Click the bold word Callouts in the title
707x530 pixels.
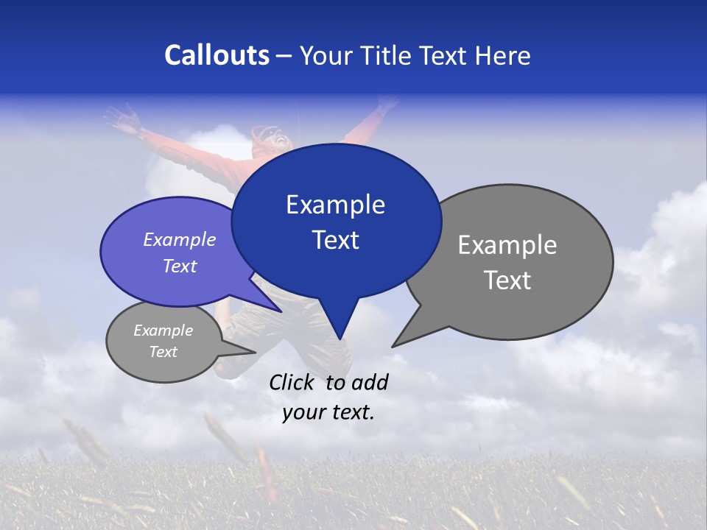[217, 55]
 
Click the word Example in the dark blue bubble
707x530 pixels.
[335, 205]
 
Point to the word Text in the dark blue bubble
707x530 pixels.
[335, 240]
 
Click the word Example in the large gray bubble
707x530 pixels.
[507, 245]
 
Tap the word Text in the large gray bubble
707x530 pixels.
[507, 280]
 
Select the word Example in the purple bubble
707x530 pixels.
[180, 239]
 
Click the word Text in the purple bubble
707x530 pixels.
[180, 266]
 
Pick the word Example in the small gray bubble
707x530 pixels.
[163, 331]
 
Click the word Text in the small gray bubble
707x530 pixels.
[163, 352]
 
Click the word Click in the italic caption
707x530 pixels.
[292, 382]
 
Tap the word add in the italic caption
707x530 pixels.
[370, 382]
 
